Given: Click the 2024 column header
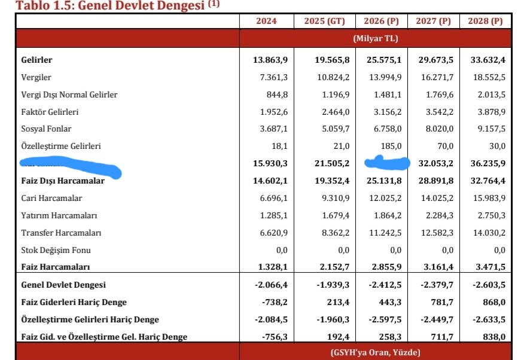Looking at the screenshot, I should pos(266,21).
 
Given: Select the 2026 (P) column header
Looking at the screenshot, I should pos(381,21).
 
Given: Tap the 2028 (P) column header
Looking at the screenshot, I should pos(485,21).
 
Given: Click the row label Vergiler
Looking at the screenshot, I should pos(36,77).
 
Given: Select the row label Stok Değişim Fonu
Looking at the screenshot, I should pos(56,250).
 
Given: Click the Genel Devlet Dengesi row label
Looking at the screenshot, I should pos(63,285).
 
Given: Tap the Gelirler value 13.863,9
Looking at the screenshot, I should pos(270,60).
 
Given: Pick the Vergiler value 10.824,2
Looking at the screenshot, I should pos(330,77).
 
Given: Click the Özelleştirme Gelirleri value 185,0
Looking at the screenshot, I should pos(389,146).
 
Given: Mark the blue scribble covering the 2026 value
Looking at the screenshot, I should pos(387,163).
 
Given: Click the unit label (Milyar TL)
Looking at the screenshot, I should pos(375,38).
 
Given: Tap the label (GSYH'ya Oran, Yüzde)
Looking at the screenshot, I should pos(375,352).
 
